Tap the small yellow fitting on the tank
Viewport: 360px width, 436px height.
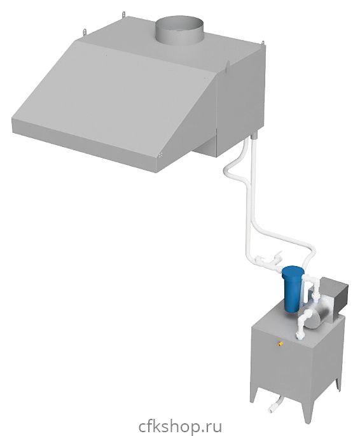(280, 344)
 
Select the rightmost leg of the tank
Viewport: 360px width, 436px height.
(338, 383)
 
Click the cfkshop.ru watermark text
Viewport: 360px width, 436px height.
(180, 425)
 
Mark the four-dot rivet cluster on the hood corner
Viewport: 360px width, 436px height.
(160, 155)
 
